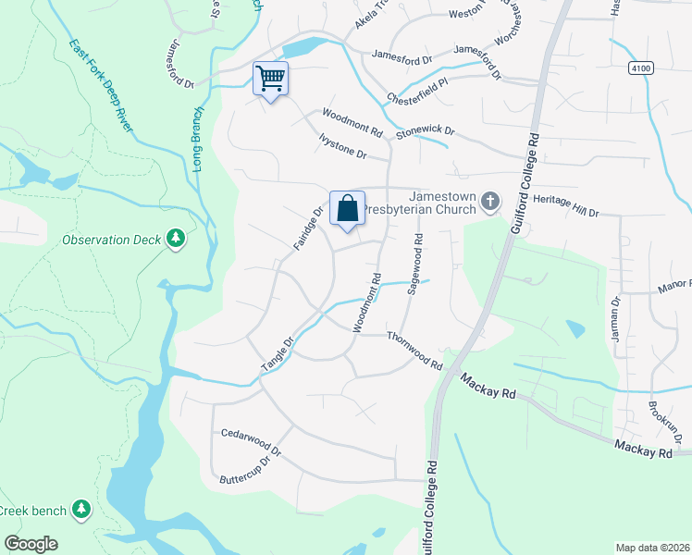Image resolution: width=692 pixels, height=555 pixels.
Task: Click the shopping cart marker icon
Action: pyautogui.click(x=271, y=78)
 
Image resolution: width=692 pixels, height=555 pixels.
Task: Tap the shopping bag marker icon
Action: pyautogui.click(x=348, y=207)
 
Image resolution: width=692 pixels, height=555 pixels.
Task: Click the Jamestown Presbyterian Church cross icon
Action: pyautogui.click(x=490, y=203)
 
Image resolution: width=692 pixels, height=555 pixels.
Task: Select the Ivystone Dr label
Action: pyautogui.click(x=342, y=148)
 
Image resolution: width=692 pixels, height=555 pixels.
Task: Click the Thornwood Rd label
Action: pyautogui.click(x=415, y=351)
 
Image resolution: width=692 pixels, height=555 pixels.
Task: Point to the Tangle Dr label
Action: pyautogui.click(x=277, y=356)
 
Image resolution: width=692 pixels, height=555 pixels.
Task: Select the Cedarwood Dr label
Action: pyautogui.click(x=250, y=433)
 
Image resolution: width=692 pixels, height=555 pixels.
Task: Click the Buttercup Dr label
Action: pyautogui.click(x=250, y=469)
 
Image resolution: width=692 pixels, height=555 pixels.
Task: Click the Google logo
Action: pyautogui.click(x=31, y=544)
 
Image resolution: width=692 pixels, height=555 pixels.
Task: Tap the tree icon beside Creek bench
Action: pyautogui.click(x=82, y=510)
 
